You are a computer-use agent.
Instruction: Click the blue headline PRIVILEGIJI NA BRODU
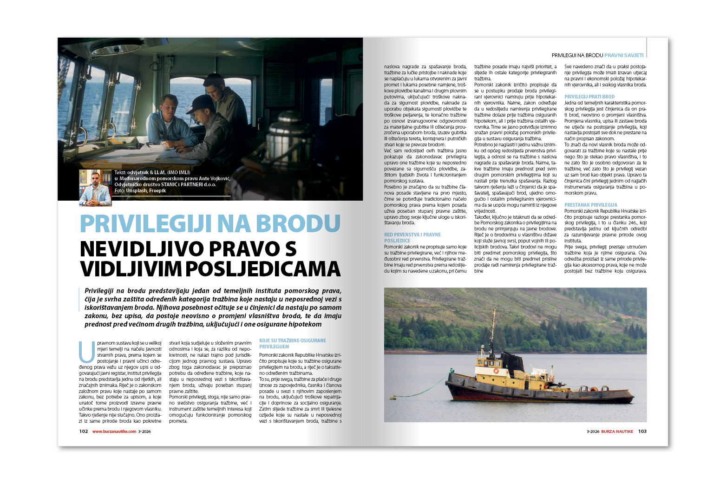tap(210, 223)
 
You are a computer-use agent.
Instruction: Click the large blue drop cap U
tap(87, 352)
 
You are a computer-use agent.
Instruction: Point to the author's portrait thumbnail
tap(95, 188)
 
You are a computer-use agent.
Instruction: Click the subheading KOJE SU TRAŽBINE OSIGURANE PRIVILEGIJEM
tap(292, 343)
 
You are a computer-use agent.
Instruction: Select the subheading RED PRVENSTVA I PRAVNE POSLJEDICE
tap(412, 237)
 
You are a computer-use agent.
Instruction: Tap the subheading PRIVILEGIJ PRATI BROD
tap(589, 97)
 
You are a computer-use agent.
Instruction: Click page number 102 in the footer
tap(84, 431)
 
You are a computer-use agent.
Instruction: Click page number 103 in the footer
tap(642, 431)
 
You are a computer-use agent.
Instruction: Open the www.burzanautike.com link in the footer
tap(114, 431)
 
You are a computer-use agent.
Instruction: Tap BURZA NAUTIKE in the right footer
tap(617, 431)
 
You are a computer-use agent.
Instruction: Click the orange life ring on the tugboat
tap(496, 371)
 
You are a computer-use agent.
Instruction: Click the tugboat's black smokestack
tap(513, 360)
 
